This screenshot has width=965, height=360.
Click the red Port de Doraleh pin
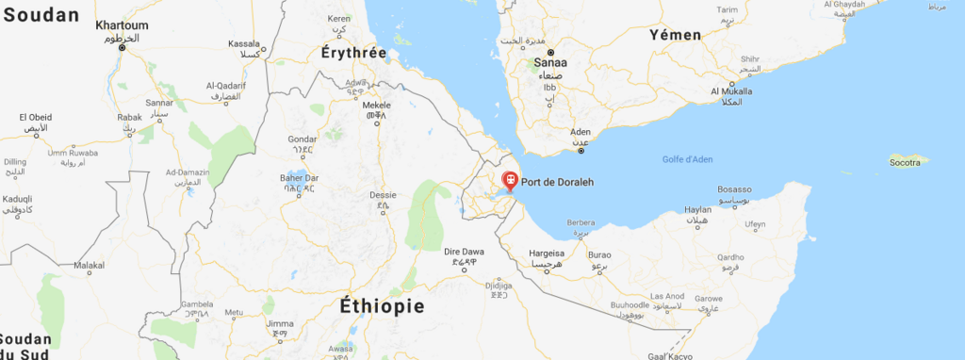(510, 179)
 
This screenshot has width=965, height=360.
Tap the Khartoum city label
(123, 25)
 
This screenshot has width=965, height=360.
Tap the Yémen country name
(675, 35)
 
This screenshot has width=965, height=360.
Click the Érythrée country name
(353, 53)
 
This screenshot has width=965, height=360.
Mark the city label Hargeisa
(546, 254)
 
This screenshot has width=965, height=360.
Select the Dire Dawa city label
(465, 252)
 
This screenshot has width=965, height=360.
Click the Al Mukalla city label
(731, 91)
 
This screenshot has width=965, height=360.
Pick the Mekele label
(377, 106)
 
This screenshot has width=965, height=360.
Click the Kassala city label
(244, 43)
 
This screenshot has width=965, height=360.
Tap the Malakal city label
(90, 267)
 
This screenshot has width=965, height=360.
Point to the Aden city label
(581, 132)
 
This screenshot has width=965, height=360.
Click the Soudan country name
(38, 16)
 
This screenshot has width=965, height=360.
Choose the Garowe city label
(709, 299)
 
